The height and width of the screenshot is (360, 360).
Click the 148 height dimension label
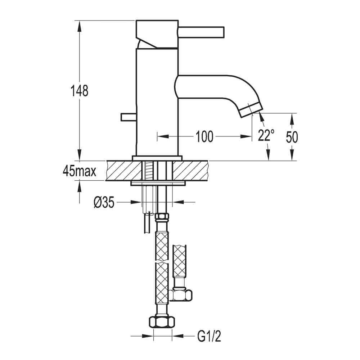(x=80, y=91)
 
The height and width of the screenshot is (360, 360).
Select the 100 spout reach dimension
(x=204, y=136)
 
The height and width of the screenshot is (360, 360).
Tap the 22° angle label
(x=266, y=135)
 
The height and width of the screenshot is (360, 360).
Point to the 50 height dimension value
(x=292, y=136)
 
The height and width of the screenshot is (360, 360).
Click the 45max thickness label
(x=80, y=171)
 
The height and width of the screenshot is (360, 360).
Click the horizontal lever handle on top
(x=202, y=31)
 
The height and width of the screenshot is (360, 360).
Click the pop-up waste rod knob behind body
(x=128, y=117)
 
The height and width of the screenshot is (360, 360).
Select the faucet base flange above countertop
(x=157, y=158)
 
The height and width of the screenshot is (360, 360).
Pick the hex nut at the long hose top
(x=162, y=218)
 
